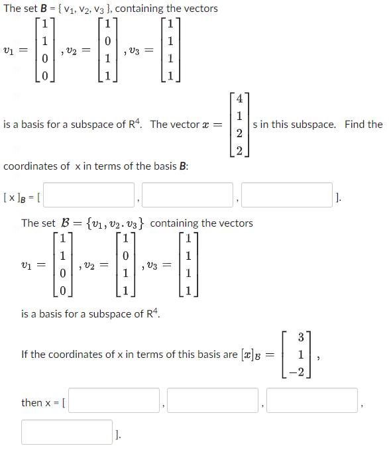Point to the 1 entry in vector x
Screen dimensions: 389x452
[x=239, y=117]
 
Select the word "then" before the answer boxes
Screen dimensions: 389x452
[x=32, y=402]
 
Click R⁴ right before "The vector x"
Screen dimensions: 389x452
[x=138, y=124]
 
